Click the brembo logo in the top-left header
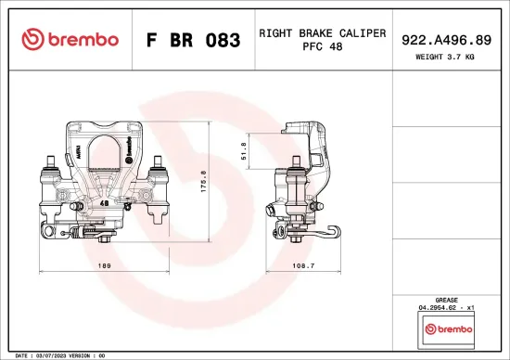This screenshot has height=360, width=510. (x=70, y=39)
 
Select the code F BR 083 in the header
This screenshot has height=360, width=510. (x=194, y=40)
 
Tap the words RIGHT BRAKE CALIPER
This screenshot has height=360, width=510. (x=322, y=32)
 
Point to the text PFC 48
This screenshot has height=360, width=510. (x=322, y=46)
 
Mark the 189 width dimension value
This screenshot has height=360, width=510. (x=104, y=266)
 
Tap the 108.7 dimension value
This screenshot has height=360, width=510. (x=304, y=266)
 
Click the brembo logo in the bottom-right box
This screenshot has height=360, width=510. (x=447, y=329)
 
